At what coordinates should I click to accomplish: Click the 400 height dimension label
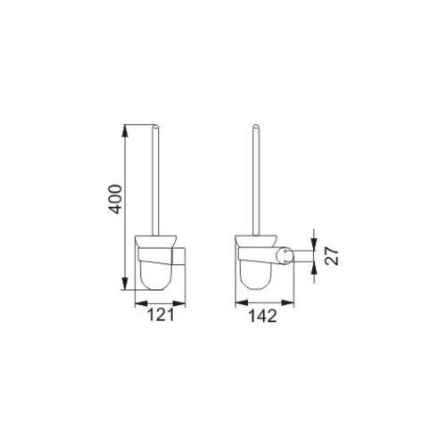click(x=115, y=199)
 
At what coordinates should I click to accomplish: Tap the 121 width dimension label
click(x=161, y=314)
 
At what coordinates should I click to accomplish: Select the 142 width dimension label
click(x=262, y=316)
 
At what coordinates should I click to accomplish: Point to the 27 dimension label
click(x=332, y=256)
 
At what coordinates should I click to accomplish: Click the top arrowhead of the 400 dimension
click(x=125, y=130)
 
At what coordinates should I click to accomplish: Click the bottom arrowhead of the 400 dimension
click(x=125, y=283)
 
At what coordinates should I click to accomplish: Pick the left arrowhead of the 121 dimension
click(x=141, y=303)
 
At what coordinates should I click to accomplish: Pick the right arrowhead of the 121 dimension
click(x=179, y=303)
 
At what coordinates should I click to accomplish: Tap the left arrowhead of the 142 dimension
click(x=242, y=303)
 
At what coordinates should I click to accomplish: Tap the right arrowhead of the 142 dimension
click(x=288, y=303)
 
